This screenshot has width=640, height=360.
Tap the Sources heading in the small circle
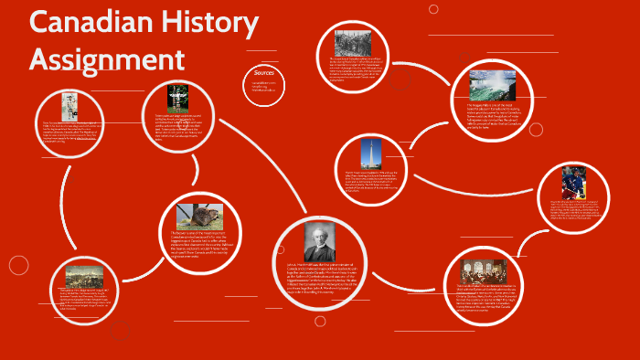coord(263,72)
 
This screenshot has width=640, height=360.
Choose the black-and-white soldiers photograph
coord(352,44)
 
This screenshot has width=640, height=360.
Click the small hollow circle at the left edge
coord(18,265)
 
